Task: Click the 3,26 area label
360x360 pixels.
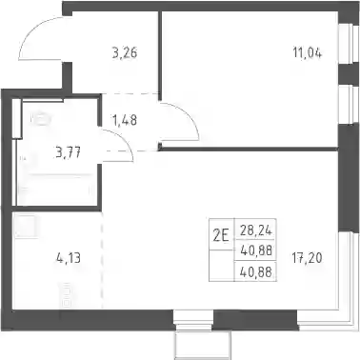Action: (125, 52)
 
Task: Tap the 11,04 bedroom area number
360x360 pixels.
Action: (308, 52)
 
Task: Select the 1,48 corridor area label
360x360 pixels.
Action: (125, 120)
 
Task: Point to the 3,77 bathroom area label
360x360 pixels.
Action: (68, 152)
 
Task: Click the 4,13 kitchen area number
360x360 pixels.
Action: (69, 258)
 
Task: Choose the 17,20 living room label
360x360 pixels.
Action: (308, 258)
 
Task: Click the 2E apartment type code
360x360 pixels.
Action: (221, 236)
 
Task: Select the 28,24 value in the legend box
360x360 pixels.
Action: (256, 230)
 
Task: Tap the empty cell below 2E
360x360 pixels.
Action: (222, 266)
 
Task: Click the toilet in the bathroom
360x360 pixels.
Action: (40, 119)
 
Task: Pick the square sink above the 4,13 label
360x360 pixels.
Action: (25, 226)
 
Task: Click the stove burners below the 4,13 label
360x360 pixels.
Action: (66, 294)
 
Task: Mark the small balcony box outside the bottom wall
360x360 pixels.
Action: (203, 346)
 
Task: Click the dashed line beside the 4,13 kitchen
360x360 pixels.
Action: (102, 260)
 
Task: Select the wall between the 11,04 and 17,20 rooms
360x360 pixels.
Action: (250, 149)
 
